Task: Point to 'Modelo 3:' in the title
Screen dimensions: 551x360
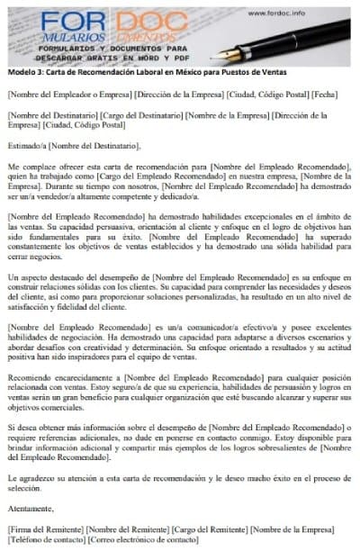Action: point(23,77)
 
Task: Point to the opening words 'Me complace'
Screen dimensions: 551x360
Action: point(30,168)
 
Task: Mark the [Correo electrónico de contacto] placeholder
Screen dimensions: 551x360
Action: point(142,540)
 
